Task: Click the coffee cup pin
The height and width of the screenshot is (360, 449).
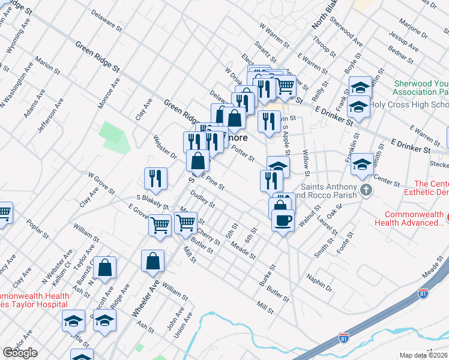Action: click(283, 220)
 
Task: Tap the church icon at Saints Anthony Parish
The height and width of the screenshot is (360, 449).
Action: click(366, 191)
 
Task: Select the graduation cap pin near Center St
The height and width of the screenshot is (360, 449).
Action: click(362, 163)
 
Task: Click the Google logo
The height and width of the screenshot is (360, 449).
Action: click(20, 353)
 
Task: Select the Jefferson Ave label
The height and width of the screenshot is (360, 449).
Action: click(52, 115)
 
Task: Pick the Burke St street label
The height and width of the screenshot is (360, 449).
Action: click(267, 275)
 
